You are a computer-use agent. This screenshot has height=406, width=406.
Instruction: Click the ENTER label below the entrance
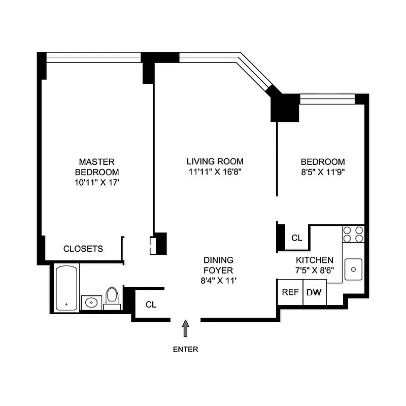(185, 349)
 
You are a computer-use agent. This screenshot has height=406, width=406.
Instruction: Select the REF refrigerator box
(290, 292)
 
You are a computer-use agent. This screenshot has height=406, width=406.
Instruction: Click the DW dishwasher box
(315, 292)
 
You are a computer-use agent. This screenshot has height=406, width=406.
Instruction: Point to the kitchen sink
(354, 268)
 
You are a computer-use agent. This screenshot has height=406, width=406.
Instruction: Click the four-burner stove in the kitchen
(353, 233)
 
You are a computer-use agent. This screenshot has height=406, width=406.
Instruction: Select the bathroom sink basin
(91, 302)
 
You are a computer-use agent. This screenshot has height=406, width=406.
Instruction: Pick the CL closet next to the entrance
(151, 304)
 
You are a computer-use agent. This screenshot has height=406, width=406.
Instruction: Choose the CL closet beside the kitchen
(296, 238)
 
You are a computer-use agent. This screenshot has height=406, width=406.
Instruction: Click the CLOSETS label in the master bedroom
(83, 249)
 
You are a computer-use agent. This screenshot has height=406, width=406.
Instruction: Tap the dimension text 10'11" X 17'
(96, 182)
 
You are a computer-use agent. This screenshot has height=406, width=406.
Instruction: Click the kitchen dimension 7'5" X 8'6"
(315, 270)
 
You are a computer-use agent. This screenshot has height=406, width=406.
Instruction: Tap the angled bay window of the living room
(257, 73)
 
